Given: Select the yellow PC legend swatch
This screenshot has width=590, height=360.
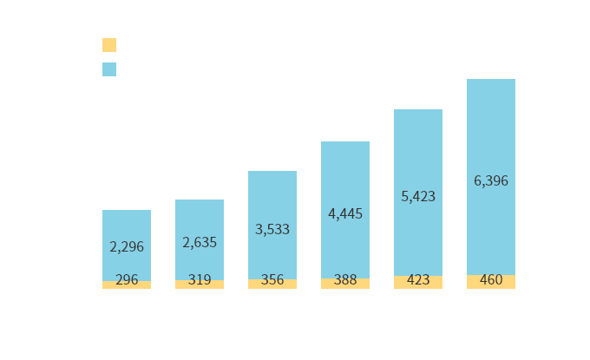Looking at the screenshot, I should pyautogui.click(x=108, y=44).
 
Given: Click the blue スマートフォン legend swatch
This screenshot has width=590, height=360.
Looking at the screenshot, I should pyautogui.click(x=108, y=69).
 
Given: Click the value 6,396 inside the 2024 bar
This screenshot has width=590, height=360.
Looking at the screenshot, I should pyautogui.click(x=491, y=180).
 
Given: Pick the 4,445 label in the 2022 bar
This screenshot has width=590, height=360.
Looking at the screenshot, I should pyautogui.click(x=345, y=213).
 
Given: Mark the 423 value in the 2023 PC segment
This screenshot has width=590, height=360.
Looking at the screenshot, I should pyautogui.click(x=418, y=280).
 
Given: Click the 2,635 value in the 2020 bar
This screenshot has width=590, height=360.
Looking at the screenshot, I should pyautogui.click(x=200, y=242).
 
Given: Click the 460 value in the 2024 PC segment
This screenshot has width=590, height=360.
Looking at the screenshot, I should pyautogui.click(x=491, y=279).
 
